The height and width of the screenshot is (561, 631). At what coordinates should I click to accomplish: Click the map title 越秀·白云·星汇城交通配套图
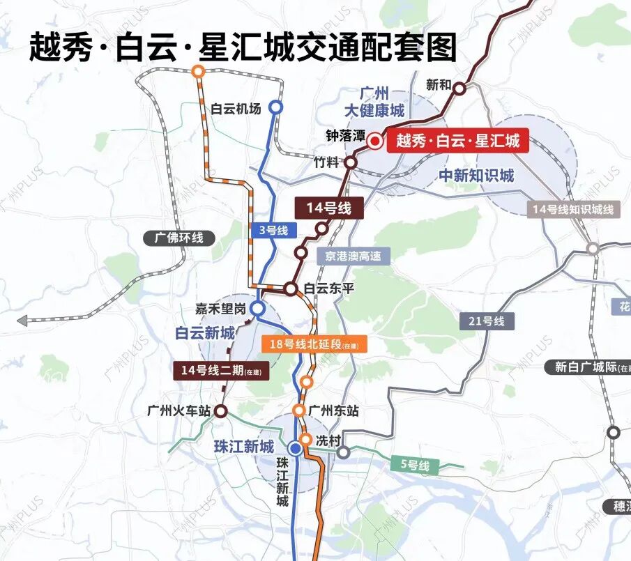tap(243, 47)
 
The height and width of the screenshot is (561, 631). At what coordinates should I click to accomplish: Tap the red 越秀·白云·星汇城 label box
tap(457, 141)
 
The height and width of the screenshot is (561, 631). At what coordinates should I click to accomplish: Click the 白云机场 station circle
tap(276, 107)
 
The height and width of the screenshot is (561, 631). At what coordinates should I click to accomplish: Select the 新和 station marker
tap(460, 87)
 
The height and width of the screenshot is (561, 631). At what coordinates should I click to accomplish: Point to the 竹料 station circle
tap(351, 162)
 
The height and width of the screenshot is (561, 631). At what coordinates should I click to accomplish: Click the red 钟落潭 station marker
tap(374, 141)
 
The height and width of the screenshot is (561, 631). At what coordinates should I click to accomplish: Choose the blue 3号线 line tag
tap(273, 230)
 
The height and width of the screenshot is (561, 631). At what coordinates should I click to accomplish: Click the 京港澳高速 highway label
tap(353, 256)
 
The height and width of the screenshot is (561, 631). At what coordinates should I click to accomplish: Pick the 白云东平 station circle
tap(290, 288)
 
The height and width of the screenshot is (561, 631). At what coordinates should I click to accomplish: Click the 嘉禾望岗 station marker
tap(258, 308)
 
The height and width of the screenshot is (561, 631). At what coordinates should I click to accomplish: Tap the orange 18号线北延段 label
tap(313, 344)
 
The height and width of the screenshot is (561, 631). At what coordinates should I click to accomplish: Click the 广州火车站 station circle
tap(220, 411)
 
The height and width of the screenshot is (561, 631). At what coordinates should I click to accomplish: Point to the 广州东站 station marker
tap(298, 411)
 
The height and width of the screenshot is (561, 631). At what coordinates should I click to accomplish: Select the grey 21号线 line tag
tap(487, 321)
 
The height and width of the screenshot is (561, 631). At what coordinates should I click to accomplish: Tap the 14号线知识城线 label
tap(572, 209)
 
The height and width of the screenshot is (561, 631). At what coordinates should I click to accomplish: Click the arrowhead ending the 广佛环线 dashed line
tap(22, 321)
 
